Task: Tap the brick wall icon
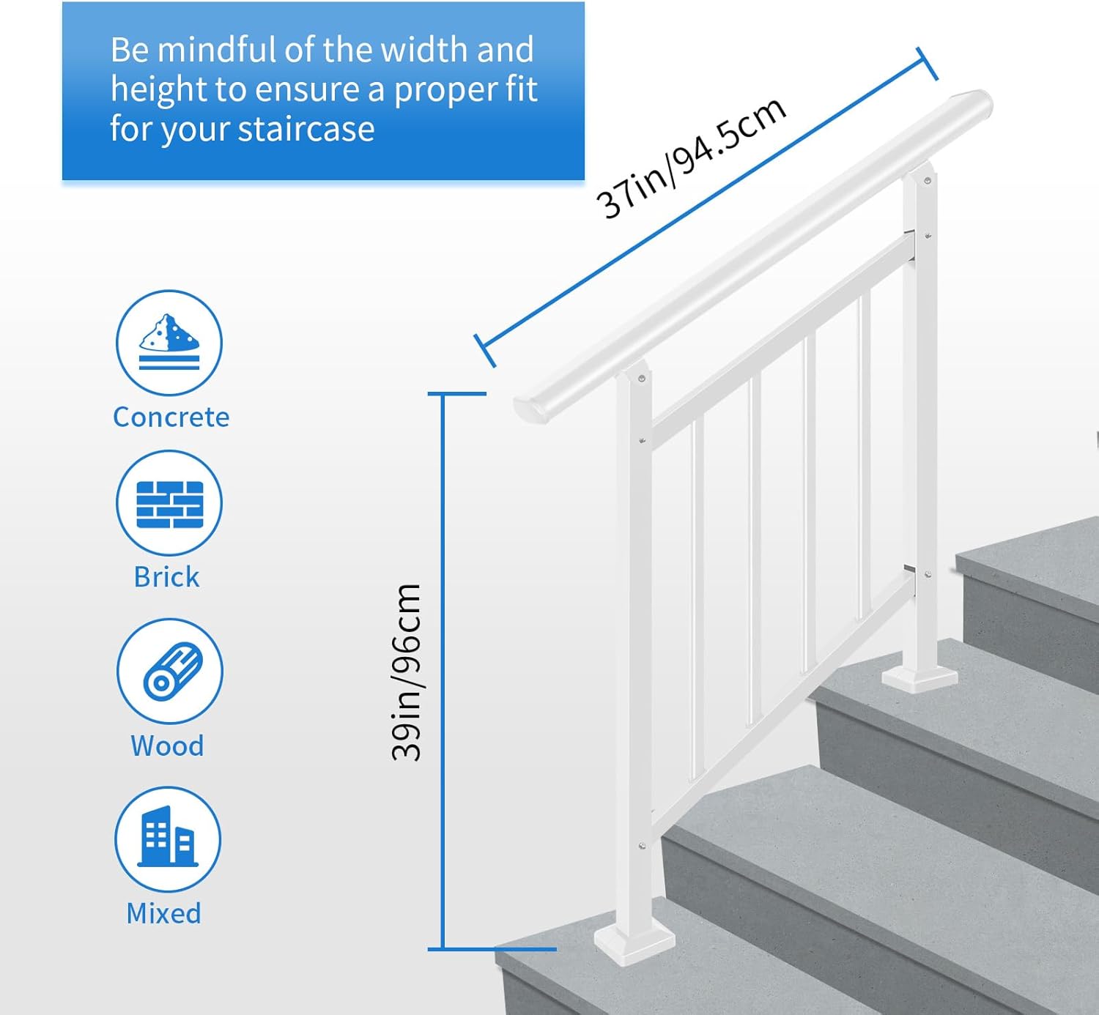[169, 503]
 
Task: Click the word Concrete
[171, 417]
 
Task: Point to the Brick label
[166, 577]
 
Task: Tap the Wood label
[167, 746]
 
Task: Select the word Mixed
[164, 913]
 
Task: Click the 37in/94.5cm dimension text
[691, 157]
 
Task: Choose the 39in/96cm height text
[407, 672]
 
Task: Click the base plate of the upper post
[919, 680]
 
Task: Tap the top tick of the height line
[456, 394]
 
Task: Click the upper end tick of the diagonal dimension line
[927, 64]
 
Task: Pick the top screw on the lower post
[641, 379]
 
